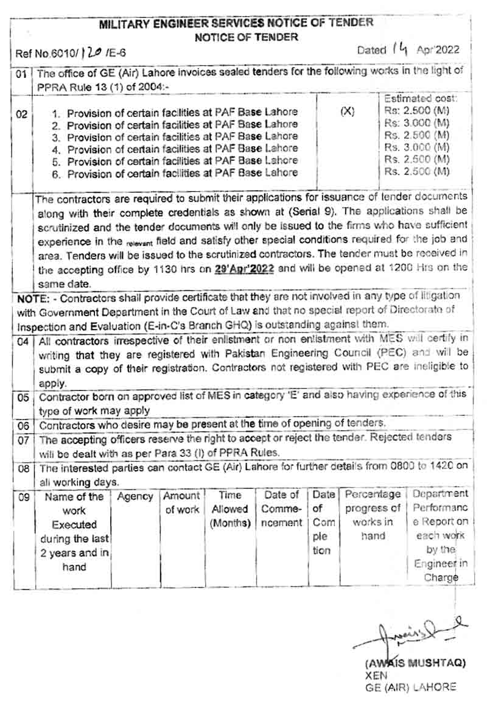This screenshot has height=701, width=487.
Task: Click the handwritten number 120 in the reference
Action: pos(91,53)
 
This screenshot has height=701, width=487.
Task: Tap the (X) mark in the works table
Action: pos(348,112)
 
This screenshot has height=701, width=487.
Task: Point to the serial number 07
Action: pos(23,439)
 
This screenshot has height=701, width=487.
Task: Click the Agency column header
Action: pos(135,497)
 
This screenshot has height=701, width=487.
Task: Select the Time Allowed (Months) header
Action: pos(230,509)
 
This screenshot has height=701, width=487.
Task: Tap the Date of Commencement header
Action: pos(281,509)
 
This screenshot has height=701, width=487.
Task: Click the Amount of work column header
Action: pos(181,503)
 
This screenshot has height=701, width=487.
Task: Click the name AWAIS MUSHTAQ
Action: pos(415,663)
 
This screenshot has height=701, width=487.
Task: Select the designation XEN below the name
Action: pos(376,675)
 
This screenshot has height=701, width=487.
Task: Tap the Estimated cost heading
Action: pos(421,98)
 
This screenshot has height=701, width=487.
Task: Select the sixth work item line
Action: pos(182,173)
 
